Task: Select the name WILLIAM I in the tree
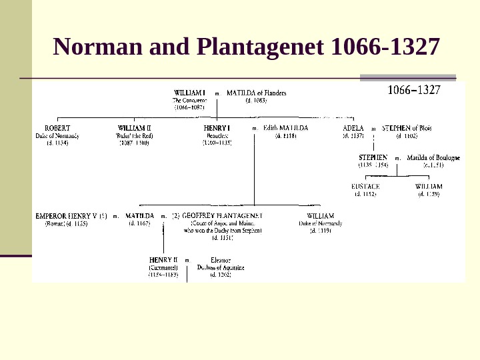click(x=189, y=93)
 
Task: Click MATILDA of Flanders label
click(x=257, y=93)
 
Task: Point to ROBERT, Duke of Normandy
click(x=57, y=127)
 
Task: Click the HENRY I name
click(x=217, y=127)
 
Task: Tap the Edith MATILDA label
click(x=285, y=127)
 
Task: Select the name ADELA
click(x=353, y=127)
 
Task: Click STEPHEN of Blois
click(x=407, y=127)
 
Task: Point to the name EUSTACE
click(x=365, y=187)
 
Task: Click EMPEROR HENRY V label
click(x=71, y=216)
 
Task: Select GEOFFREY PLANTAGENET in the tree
click(x=222, y=216)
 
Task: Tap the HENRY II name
click(x=163, y=259)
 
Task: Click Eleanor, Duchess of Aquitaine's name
click(x=221, y=259)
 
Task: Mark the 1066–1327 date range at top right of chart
click(x=414, y=90)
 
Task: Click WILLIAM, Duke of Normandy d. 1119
click(x=321, y=216)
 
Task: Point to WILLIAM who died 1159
click(x=429, y=187)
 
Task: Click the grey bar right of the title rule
click(x=407, y=78)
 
